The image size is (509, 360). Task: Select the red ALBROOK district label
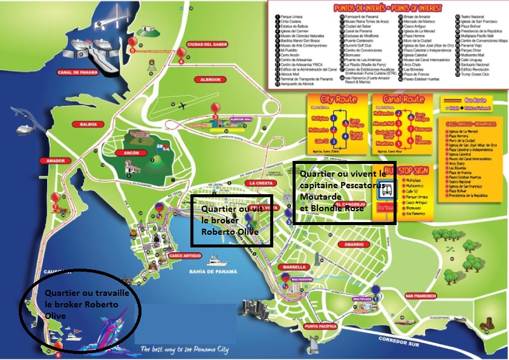tap(210, 79)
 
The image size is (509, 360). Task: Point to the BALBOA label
tap(85, 124)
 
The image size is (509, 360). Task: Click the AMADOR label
tap(54, 161)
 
